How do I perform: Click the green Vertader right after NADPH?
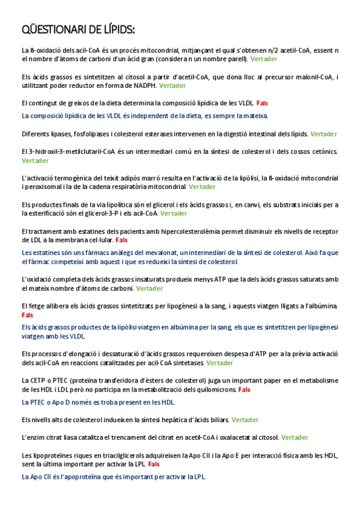pos(172,85)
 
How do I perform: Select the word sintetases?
pos(188,363)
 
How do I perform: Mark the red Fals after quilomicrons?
pos(244,390)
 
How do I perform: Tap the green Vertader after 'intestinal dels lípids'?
pos(323,134)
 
